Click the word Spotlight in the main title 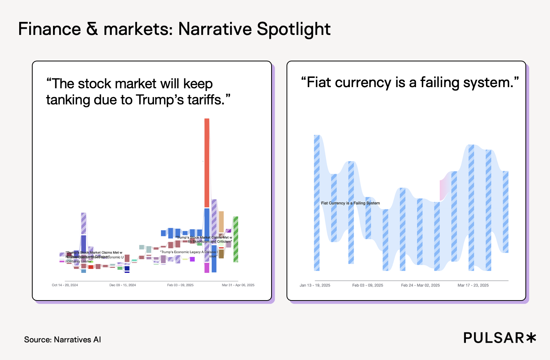pyautogui.click(x=293, y=29)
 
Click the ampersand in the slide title pyautogui.click(x=92, y=29)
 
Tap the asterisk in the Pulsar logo pyautogui.click(x=531, y=338)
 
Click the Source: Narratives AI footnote pyautogui.click(x=63, y=340)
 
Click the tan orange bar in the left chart pyautogui.click(x=221, y=221)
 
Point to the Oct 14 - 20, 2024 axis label pyautogui.click(x=65, y=285)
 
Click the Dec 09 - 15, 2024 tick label pyautogui.click(x=123, y=285)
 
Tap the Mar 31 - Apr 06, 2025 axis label pyautogui.click(x=238, y=285)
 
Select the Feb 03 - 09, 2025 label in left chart pyautogui.click(x=180, y=285)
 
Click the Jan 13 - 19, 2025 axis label pyautogui.click(x=315, y=285)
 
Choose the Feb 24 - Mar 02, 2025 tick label pyautogui.click(x=420, y=285)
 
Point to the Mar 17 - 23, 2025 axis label pyautogui.click(x=473, y=285)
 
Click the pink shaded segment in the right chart pyautogui.click(x=445, y=186)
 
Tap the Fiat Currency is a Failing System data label pyautogui.click(x=350, y=203)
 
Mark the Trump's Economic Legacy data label pyautogui.click(x=189, y=252)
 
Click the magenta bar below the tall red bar pyautogui.click(x=207, y=268)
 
